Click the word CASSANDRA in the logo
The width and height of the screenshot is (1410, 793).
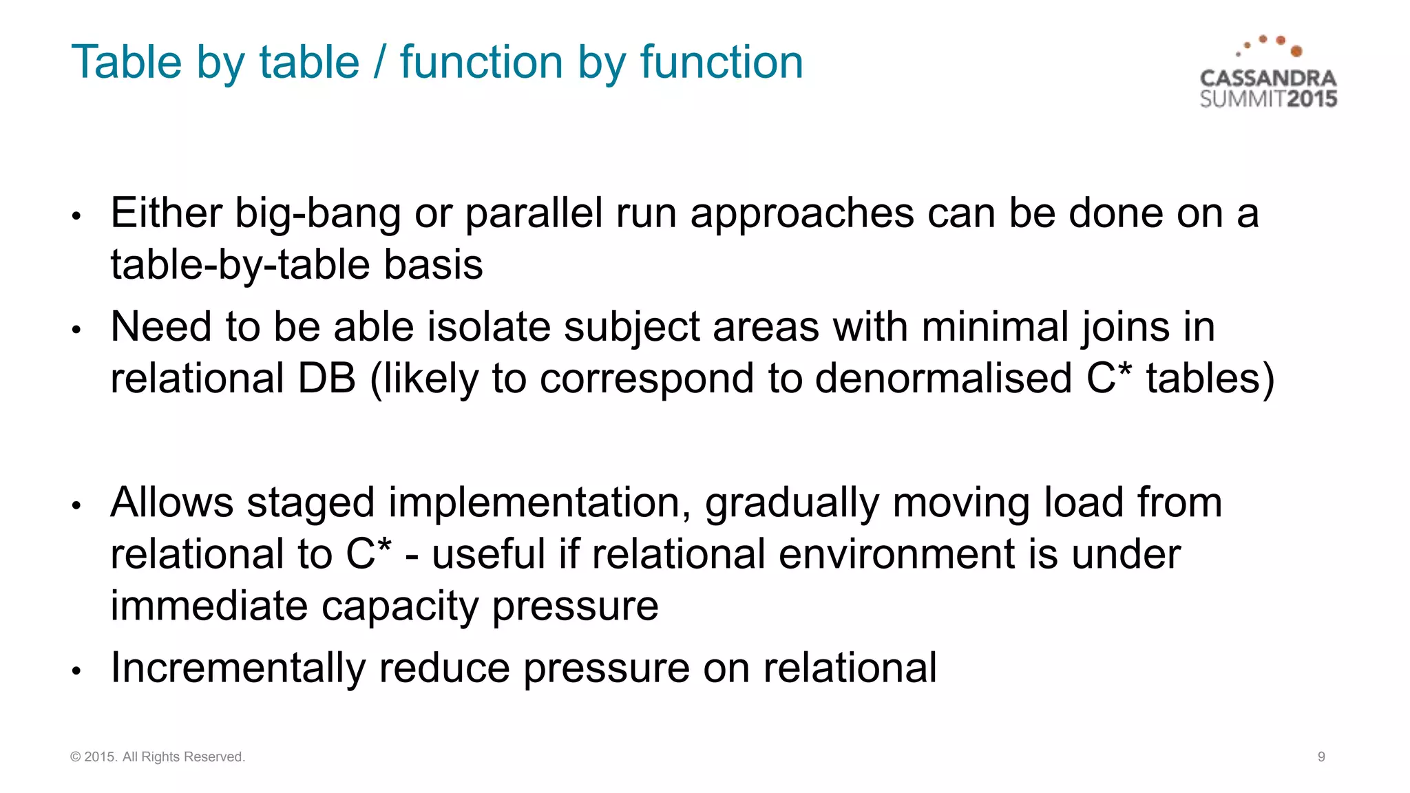(1267, 78)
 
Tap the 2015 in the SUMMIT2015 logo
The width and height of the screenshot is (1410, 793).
(1312, 99)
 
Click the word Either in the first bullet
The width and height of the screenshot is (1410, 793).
(166, 213)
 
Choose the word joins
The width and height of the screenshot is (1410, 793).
(1125, 328)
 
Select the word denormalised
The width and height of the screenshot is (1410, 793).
(943, 379)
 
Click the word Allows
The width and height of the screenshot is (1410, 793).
(172, 503)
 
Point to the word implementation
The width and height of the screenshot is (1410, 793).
(539, 504)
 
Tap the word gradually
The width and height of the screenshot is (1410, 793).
(792, 504)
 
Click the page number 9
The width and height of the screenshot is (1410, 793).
(1321, 757)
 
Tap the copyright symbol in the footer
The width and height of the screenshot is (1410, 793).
(75, 757)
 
